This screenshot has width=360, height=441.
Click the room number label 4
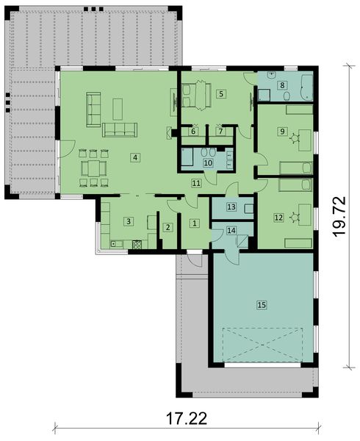coord(135,157)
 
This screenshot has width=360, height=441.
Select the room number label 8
coord(281,86)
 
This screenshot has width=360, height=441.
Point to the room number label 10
coord(208,162)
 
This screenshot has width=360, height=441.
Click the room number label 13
coord(231,207)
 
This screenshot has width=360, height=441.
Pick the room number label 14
coord(231,231)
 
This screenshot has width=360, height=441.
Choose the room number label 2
coord(168,228)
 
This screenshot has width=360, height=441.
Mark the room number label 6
coord(193,131)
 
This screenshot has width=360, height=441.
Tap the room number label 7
coord(220,131)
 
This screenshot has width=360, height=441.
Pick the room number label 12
coord(278,217)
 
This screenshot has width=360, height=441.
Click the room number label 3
coord(128,220)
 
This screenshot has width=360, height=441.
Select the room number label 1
coord(194,222)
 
